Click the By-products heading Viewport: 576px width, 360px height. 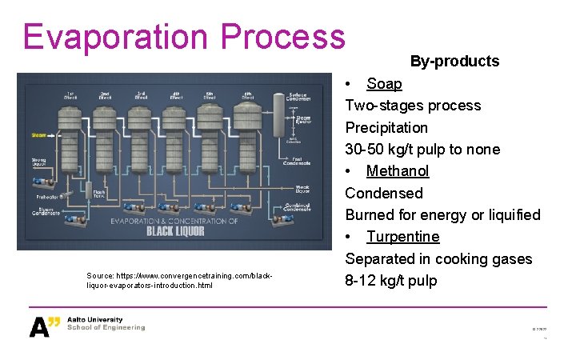point(454,61)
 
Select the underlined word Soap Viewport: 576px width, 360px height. point(384,83)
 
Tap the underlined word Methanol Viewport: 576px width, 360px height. point(398,170)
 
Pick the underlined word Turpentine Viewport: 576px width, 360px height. point(403,236)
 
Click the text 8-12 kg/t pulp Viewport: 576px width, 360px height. point(391,280)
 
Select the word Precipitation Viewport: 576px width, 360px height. point(386,127)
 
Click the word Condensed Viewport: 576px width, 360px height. point(384,193)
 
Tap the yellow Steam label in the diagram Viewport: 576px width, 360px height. point(38,135)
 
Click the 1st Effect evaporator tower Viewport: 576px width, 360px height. point(71,136)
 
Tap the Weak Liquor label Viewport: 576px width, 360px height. point(302,190)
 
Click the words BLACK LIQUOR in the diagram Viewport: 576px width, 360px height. point(174,231)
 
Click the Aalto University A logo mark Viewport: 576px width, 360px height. point(44,326)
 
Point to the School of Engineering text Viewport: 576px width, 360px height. point(106,327)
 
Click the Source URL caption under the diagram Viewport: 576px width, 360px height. point(179,280)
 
